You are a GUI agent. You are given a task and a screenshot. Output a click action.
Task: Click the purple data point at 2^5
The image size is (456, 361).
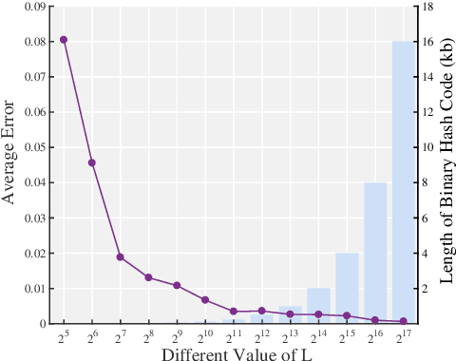tap(64, 40)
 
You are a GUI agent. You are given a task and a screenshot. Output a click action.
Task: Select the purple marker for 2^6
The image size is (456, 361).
tap(92, 162)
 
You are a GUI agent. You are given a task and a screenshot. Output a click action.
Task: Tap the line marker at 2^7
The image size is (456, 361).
tap(121, 256)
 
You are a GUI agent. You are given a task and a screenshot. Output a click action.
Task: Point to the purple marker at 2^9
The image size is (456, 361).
tap(177, 285)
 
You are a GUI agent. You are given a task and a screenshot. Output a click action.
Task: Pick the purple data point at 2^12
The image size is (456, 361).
tap(262, 311)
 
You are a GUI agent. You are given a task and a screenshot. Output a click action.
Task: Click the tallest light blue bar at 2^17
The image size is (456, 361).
tap(403, 180)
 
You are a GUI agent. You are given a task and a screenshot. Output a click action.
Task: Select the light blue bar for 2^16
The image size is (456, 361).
tap(375, 252)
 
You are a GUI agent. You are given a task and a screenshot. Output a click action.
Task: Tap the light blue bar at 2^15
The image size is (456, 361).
tap(347, 287)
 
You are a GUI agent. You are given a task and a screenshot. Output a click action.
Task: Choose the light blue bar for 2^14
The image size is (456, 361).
tap(318, 305)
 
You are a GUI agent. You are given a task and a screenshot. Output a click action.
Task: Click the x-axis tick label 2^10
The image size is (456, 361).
tap(205, 336)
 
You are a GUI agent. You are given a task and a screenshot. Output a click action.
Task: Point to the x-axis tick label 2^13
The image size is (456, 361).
tap(290, 336)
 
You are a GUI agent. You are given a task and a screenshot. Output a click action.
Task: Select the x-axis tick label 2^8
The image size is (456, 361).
tap(148, 336)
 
